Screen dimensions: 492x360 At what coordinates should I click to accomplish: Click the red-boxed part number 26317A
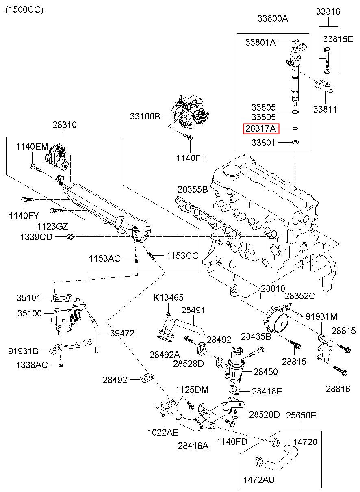[260, 129]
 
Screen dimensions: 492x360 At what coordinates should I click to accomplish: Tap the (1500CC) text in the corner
[24, 9]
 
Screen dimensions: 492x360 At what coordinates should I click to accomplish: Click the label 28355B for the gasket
[192, 190]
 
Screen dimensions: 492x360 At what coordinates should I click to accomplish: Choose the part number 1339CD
[36, 236]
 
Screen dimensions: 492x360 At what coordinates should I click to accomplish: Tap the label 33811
[325, 109]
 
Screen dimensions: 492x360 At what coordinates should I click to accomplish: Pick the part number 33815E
[338, 39]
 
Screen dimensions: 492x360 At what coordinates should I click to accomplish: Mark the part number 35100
[29, 313]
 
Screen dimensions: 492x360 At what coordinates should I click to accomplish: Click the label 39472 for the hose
[122, 333]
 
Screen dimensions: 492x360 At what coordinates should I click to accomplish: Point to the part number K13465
[168, 298]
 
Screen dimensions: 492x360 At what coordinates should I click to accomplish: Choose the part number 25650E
[301, 415]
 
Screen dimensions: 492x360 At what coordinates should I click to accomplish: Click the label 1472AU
[259, 480]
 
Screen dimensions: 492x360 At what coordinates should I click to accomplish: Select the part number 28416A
[193, 445]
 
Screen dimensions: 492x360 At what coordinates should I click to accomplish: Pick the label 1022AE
[163, 432]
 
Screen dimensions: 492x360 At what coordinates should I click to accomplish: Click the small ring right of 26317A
[295, 129]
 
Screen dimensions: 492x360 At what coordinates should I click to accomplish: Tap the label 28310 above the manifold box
[64, 125]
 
